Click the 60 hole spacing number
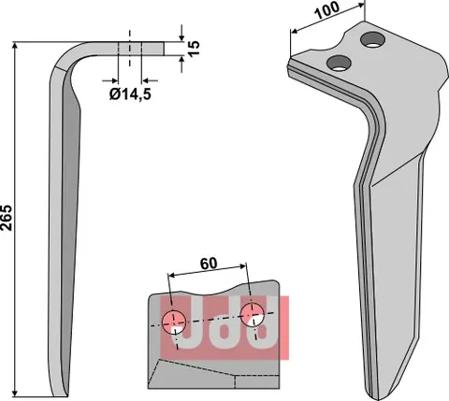click(x=210, y=265)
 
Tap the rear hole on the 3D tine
click(x=374, y=39)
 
